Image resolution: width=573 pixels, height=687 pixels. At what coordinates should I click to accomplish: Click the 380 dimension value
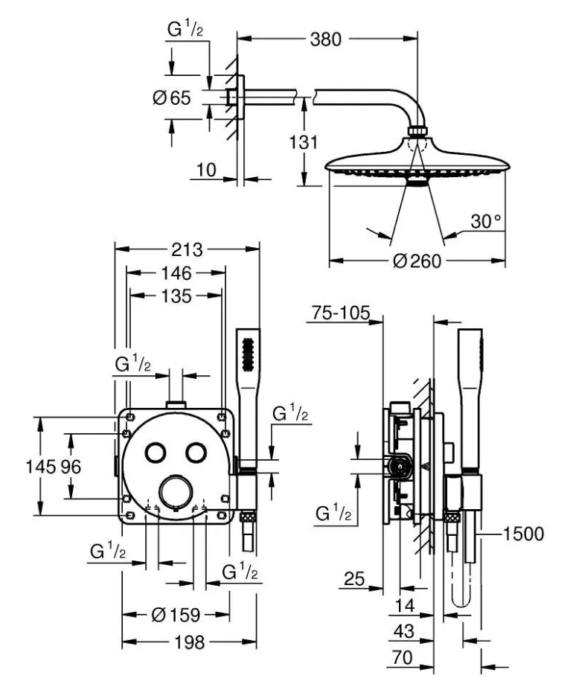click(x=326, y=39)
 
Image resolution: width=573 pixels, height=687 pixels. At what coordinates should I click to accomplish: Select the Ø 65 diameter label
click(x=172, y=98)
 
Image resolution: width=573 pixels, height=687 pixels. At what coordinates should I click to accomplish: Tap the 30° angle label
click(x=487, y=222)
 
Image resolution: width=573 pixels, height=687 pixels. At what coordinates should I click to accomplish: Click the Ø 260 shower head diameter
click(x=417, y=261)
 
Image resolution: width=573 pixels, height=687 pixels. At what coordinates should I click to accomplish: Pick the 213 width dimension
click(x=187, y=248)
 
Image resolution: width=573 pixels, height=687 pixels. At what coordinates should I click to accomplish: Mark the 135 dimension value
click(x=176, y=296)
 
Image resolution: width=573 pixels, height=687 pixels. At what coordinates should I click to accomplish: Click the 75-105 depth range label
click(x=340, y=314)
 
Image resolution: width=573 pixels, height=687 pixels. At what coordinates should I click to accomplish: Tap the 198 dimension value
click(x=189, y=642)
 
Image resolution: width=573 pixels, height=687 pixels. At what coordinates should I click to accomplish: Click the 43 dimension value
click(x=403, y=630)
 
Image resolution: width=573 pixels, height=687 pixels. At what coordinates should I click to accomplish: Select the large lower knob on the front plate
click(x=176, y=490)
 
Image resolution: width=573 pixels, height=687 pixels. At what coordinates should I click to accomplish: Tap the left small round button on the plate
click(x=156, y=453)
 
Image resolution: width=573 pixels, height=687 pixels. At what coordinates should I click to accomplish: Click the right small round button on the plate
click(x=196, y=453)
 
